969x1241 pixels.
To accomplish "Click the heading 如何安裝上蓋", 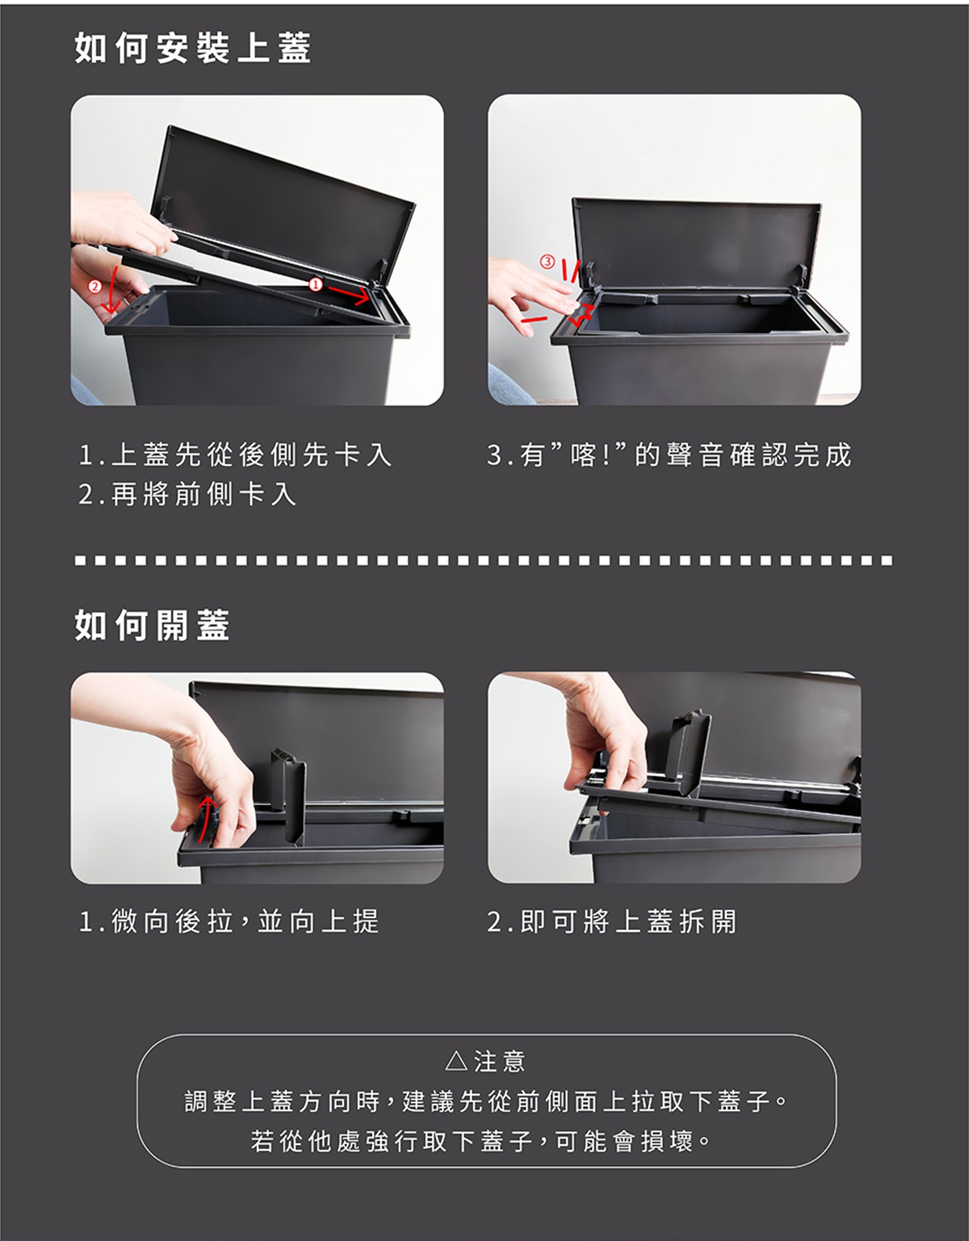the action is point(193,48).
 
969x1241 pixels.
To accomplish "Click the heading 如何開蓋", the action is point(153,626).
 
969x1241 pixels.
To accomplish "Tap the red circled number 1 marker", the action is point(315,284).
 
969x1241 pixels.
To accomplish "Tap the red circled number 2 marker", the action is point(94,287).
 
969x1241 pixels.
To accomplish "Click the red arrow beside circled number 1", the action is point(349,294).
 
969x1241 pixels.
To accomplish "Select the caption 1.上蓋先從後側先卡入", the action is point(236,455).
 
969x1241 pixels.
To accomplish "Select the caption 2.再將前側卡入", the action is point(188,494).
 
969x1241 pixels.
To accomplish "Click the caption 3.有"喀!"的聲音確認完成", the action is point(669,455).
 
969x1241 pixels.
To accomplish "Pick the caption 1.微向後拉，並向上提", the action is point(229,921).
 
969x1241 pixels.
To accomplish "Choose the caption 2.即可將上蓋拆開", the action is point(612,921).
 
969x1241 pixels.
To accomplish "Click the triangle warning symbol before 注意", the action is point(456,1061).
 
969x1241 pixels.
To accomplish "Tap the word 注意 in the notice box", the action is point(500,1062).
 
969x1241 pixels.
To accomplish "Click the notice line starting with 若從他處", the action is point(480,1142).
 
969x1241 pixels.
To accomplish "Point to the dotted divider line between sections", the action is point(484,561).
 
